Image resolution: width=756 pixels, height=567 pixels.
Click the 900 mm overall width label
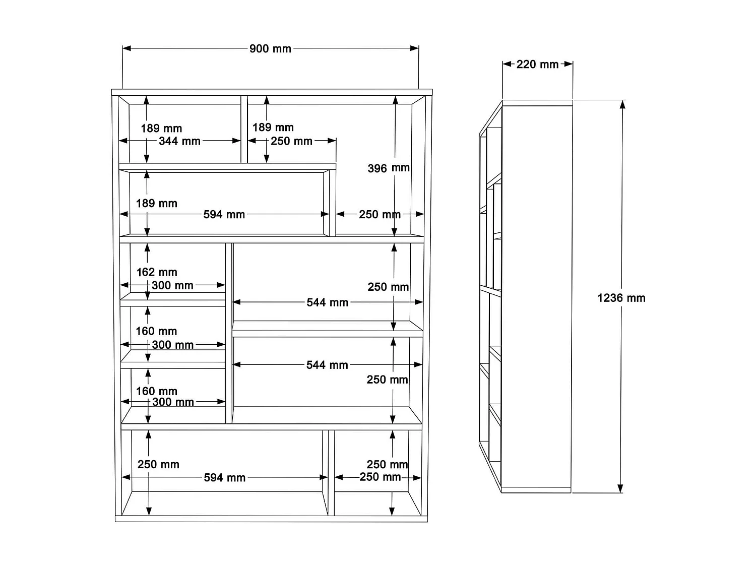click(x=270, y=49)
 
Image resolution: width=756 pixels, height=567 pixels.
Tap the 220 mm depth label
click(x=537, y=65)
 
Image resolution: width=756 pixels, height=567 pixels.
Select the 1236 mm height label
click(x=621, y=298)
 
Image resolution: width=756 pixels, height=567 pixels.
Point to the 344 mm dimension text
click(x=179, y=141)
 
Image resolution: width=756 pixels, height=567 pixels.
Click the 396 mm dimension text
click(x=388, y=168)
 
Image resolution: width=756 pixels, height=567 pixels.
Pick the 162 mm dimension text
click(x=157, y=272)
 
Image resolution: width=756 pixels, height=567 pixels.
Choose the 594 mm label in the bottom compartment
click(x=224, y=477)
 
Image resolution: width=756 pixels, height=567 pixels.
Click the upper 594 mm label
click(x=224, y=214)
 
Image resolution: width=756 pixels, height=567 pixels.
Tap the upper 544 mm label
click(x=327, y=302)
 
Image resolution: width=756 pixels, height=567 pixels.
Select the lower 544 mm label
click(x=327, y=365)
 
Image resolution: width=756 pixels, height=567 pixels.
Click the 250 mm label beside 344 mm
click(x=291, y=141)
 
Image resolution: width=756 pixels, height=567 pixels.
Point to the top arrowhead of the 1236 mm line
click(x=622, y=104)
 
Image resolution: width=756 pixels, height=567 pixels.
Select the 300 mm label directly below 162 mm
click(x=172, y=285)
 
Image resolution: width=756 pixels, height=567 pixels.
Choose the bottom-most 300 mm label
click(x=173, y=402)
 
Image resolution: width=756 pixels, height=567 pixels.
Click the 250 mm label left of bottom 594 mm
click(x=158, y=464)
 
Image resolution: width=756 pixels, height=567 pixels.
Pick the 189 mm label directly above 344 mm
click(x=161, y=129)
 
